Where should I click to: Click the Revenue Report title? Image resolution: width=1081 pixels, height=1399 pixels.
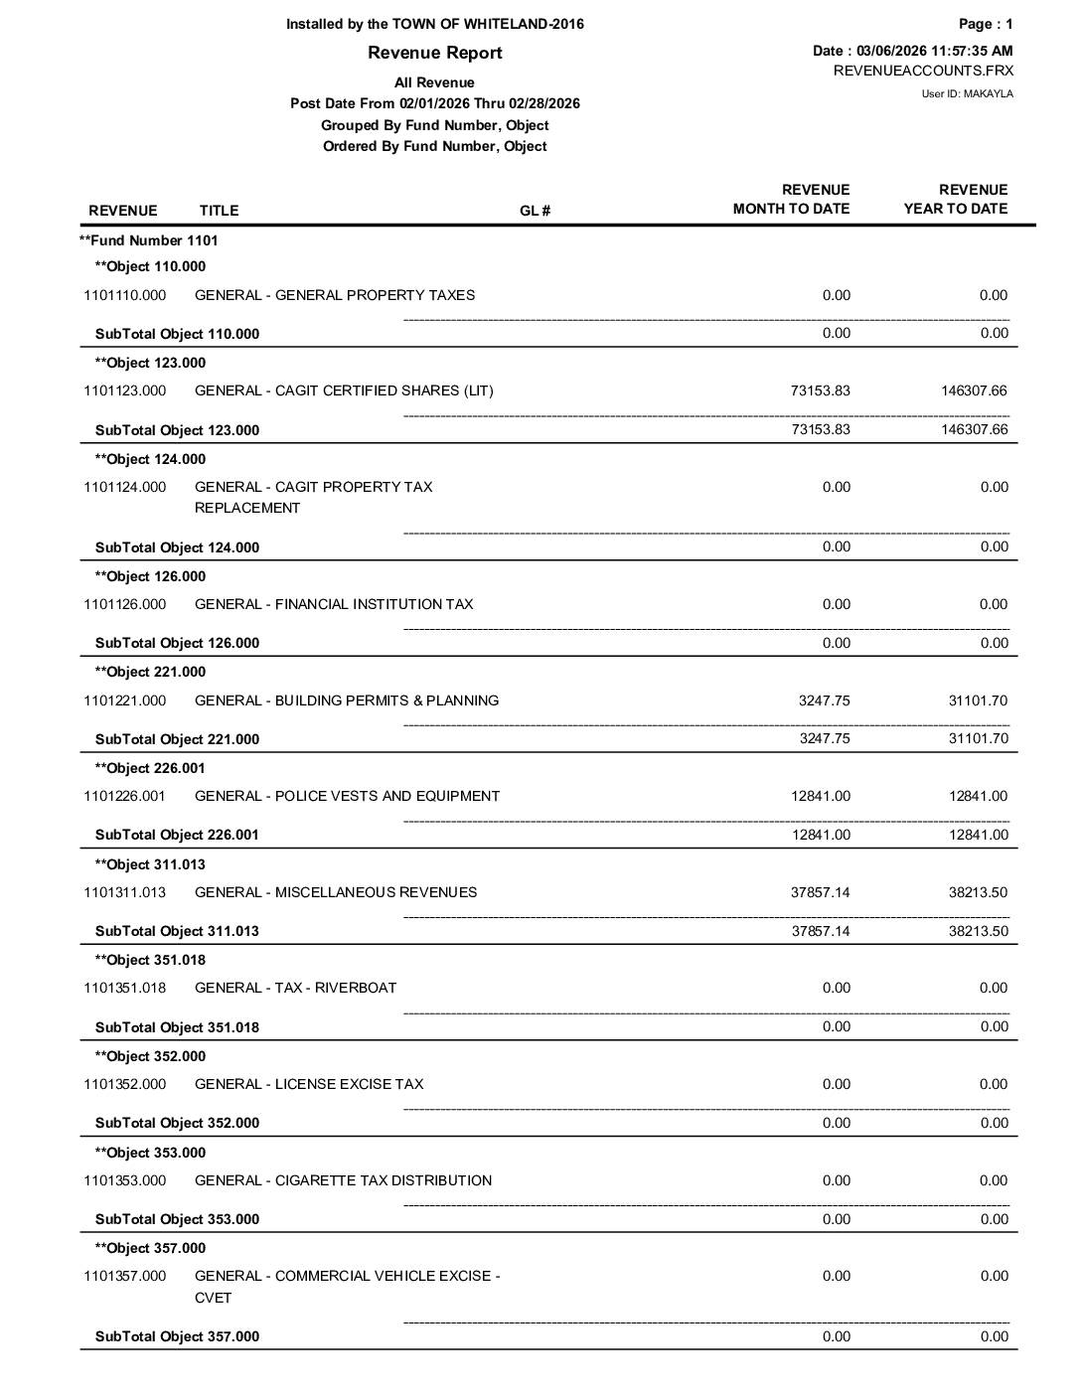[x=434, y=53]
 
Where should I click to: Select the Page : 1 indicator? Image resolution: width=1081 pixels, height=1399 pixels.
[x=986, y=24]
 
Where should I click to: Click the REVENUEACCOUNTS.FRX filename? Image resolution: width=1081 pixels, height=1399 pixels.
[x=923, y=71]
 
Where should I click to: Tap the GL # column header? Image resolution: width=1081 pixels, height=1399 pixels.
[x=535, y=211]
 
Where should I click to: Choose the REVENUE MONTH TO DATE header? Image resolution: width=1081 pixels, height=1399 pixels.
[x=791, y=199]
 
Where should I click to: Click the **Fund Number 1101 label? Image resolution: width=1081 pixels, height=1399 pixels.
[x=149, y=240]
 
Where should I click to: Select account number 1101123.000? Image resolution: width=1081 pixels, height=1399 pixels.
[x=125, y=390]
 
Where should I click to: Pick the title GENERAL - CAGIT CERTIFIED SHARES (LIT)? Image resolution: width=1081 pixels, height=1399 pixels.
[x=344, y=390]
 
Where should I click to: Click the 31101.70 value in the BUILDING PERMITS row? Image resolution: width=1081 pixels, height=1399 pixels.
[x=978, y=700]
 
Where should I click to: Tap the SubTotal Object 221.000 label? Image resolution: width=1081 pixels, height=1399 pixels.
[x=177, y=739]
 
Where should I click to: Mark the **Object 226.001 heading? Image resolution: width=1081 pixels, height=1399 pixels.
[x=150, y=768]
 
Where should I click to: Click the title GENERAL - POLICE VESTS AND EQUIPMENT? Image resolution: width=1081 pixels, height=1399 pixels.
[x=347, y=796]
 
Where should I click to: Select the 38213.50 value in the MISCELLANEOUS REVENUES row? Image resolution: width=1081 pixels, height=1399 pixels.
[x=978, y=892]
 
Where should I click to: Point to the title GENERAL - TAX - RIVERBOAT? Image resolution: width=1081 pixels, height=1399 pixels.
[x=295, y=988]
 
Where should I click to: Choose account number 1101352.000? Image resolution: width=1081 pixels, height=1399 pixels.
[x=125, y=1084]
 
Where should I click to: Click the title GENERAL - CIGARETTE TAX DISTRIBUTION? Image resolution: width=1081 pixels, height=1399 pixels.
[x=343, y=1180]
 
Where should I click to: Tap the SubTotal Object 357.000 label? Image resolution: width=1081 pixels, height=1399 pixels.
[x=177, y=1336]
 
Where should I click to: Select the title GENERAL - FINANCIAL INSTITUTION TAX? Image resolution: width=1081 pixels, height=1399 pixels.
[x=334, y=604]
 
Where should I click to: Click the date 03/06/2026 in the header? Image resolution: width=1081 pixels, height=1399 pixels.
[x=891, y=51]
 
